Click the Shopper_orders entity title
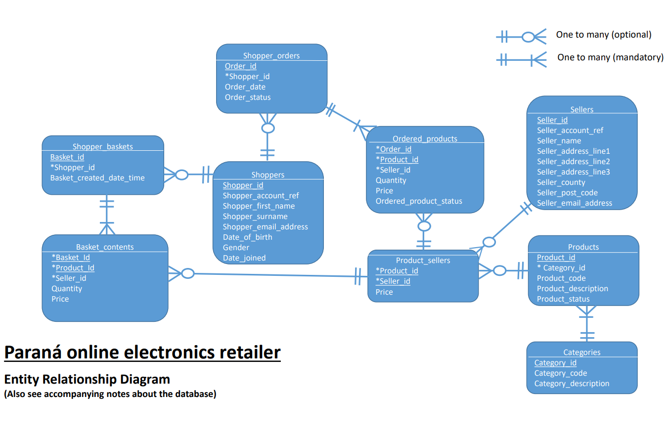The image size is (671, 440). pos(271,56)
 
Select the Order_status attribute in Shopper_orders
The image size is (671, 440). pos(248,97)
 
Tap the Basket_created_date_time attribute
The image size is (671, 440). pos(97,178)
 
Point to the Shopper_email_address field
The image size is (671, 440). pos(265,227)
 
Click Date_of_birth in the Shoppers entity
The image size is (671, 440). pos(247,237)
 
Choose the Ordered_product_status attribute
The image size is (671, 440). pos(419,201)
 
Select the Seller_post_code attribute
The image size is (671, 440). pos(567,193)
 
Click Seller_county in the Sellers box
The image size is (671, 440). pos(561,182)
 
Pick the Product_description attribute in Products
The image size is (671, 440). pos(572,289)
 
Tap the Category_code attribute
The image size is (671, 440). pos(560,373)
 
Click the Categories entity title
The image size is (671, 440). pos(582,352)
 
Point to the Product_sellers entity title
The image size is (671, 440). pos(423,261)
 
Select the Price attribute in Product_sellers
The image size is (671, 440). pos(384,292)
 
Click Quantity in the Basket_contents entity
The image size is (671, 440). pos(67,289)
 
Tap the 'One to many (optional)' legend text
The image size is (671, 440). pos(603,35)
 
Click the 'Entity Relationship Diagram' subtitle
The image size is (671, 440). pos(87,379)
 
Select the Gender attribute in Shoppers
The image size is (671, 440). pos(236,248)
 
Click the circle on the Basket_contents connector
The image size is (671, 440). pos(187,273)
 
